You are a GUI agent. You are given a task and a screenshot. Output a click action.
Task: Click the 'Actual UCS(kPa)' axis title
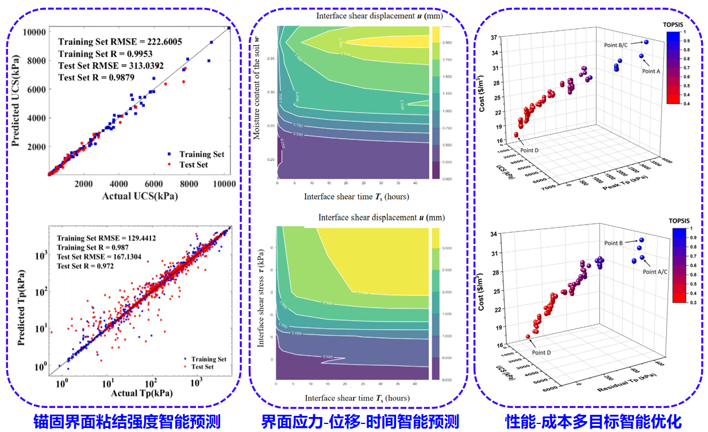click(140, 196)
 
